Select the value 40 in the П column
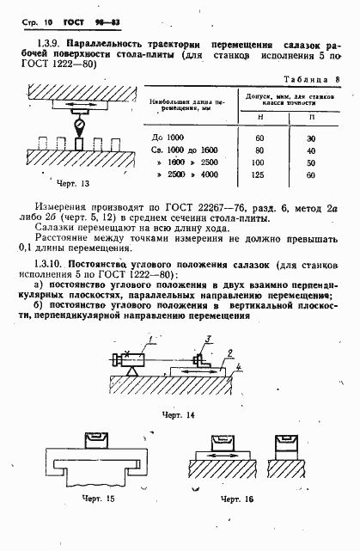click(310, 150)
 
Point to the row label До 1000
click(172, 138)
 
